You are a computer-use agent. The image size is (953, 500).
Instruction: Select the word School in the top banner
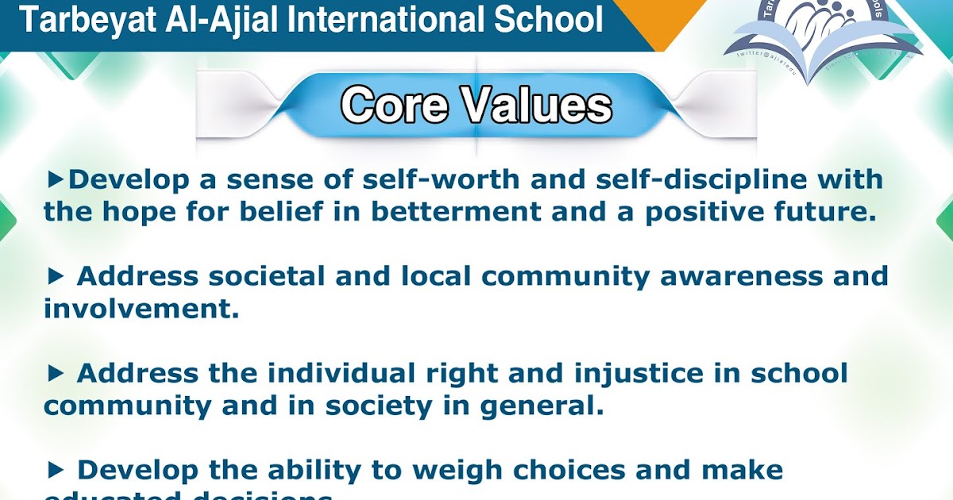coord(547,20)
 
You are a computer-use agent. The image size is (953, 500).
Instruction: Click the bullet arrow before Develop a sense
coord(55,179)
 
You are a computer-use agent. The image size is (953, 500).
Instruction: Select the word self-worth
coord(433,180)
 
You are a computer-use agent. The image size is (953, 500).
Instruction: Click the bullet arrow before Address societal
coord(55,276)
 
